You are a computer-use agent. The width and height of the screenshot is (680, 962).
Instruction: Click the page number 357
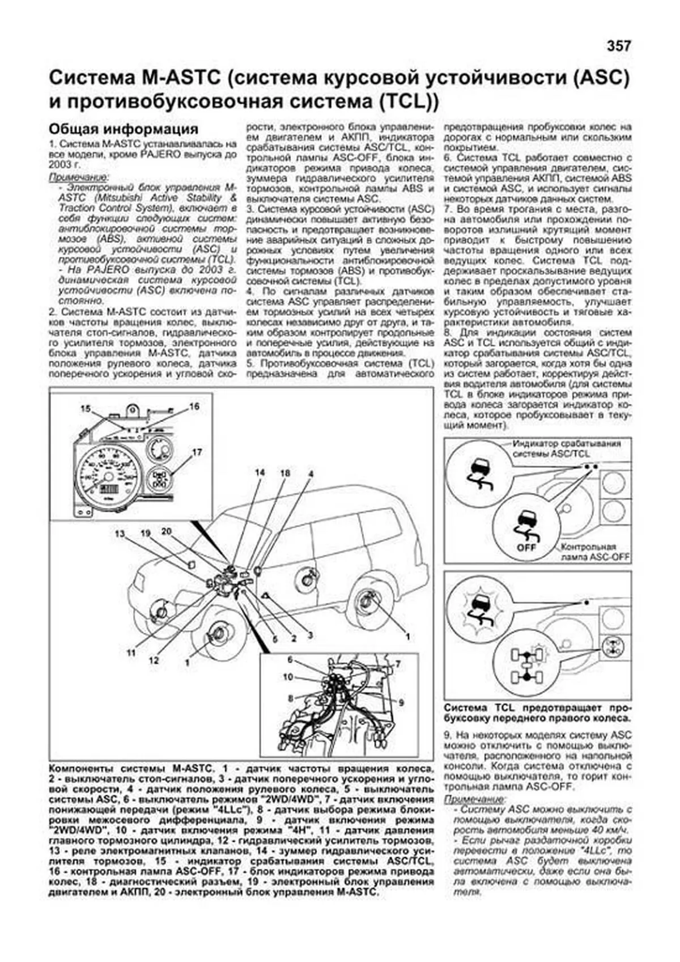tap(618, 46)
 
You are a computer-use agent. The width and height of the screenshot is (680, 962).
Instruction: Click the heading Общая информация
tap(123, 129)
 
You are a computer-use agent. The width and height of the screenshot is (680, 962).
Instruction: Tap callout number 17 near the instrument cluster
tap(197, 452)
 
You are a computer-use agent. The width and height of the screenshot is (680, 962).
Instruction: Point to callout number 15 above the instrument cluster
tap(85, 409)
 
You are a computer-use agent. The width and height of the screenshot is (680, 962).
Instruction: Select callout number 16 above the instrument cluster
tap(194, 406)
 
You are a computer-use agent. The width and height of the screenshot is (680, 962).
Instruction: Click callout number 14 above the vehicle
tap(260, 473)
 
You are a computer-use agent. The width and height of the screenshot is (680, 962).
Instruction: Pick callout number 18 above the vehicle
tap(284, 473)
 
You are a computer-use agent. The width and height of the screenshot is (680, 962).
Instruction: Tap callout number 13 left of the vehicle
tap(120, 533)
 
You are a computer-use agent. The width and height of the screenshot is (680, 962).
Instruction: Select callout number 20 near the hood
tap(166, 531)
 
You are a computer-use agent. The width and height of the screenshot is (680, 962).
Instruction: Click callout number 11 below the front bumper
tap(131, 652)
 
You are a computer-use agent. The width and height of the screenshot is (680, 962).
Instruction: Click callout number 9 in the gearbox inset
tap(401, 702)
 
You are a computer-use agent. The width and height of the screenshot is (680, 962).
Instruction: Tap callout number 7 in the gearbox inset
tap(398, 664)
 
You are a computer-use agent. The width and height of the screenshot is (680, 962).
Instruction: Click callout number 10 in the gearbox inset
tap(288, 676)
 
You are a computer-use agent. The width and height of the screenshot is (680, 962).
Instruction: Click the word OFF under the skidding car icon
tap(526, 548)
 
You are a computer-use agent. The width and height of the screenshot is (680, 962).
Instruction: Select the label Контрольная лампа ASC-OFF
tap(594, 552)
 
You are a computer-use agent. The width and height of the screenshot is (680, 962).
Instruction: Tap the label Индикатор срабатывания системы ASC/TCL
tap(566, 448)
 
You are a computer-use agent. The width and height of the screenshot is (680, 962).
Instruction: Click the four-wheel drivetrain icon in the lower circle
tap(526, 666)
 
